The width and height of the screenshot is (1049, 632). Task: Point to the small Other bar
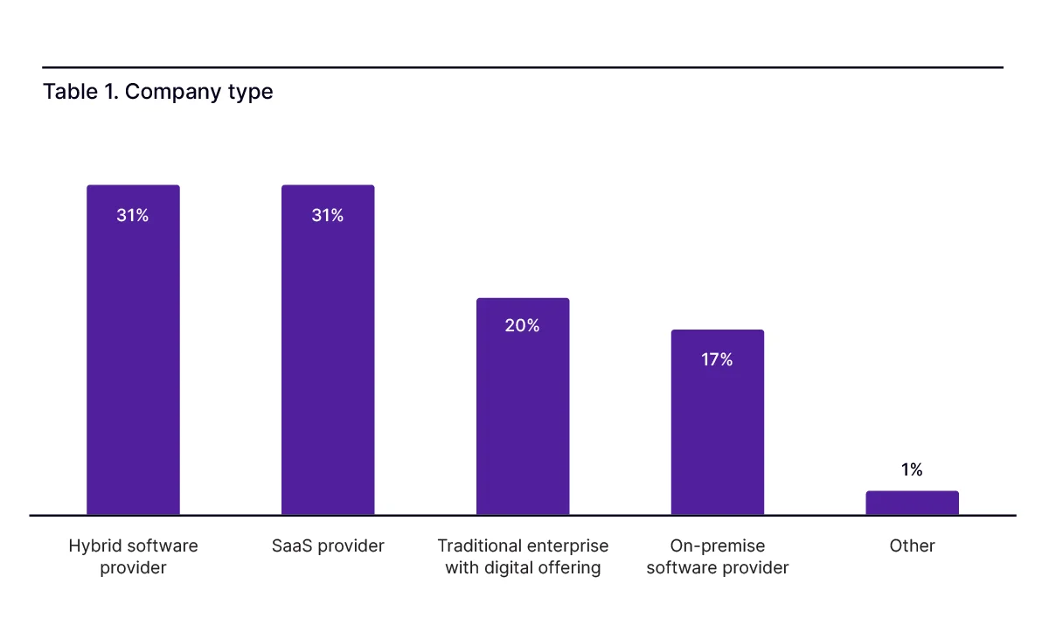click(x=912, y=503)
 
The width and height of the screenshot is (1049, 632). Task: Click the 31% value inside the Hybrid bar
click(x=133, y=215)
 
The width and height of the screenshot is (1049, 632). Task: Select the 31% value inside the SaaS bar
click(x=328, y=215)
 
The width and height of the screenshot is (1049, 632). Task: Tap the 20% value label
click(x=523, y=326)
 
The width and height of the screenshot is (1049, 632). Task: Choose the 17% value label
click(x=717, y=359)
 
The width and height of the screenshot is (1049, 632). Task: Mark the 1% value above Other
click(x=912, y=470)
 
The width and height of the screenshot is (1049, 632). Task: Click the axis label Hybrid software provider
click(x=133, y=557)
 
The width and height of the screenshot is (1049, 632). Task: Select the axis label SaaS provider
click(x=328, y=546)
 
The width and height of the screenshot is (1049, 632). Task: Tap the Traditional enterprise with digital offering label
click(x=523, y=557)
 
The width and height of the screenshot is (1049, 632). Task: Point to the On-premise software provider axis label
click(x=717, y=557)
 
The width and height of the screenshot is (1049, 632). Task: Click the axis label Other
click(x=912, y=546)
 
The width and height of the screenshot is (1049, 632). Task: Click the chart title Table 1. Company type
click(x=157, y=92)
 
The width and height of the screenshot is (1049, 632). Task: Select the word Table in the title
click(x=68, y=92)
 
